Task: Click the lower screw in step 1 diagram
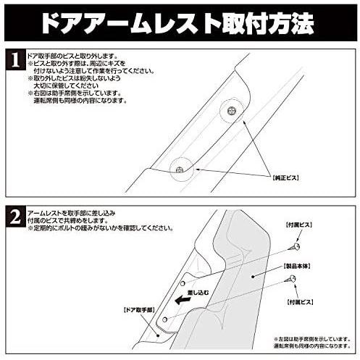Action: pyautogui.click(x=177, y=169)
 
